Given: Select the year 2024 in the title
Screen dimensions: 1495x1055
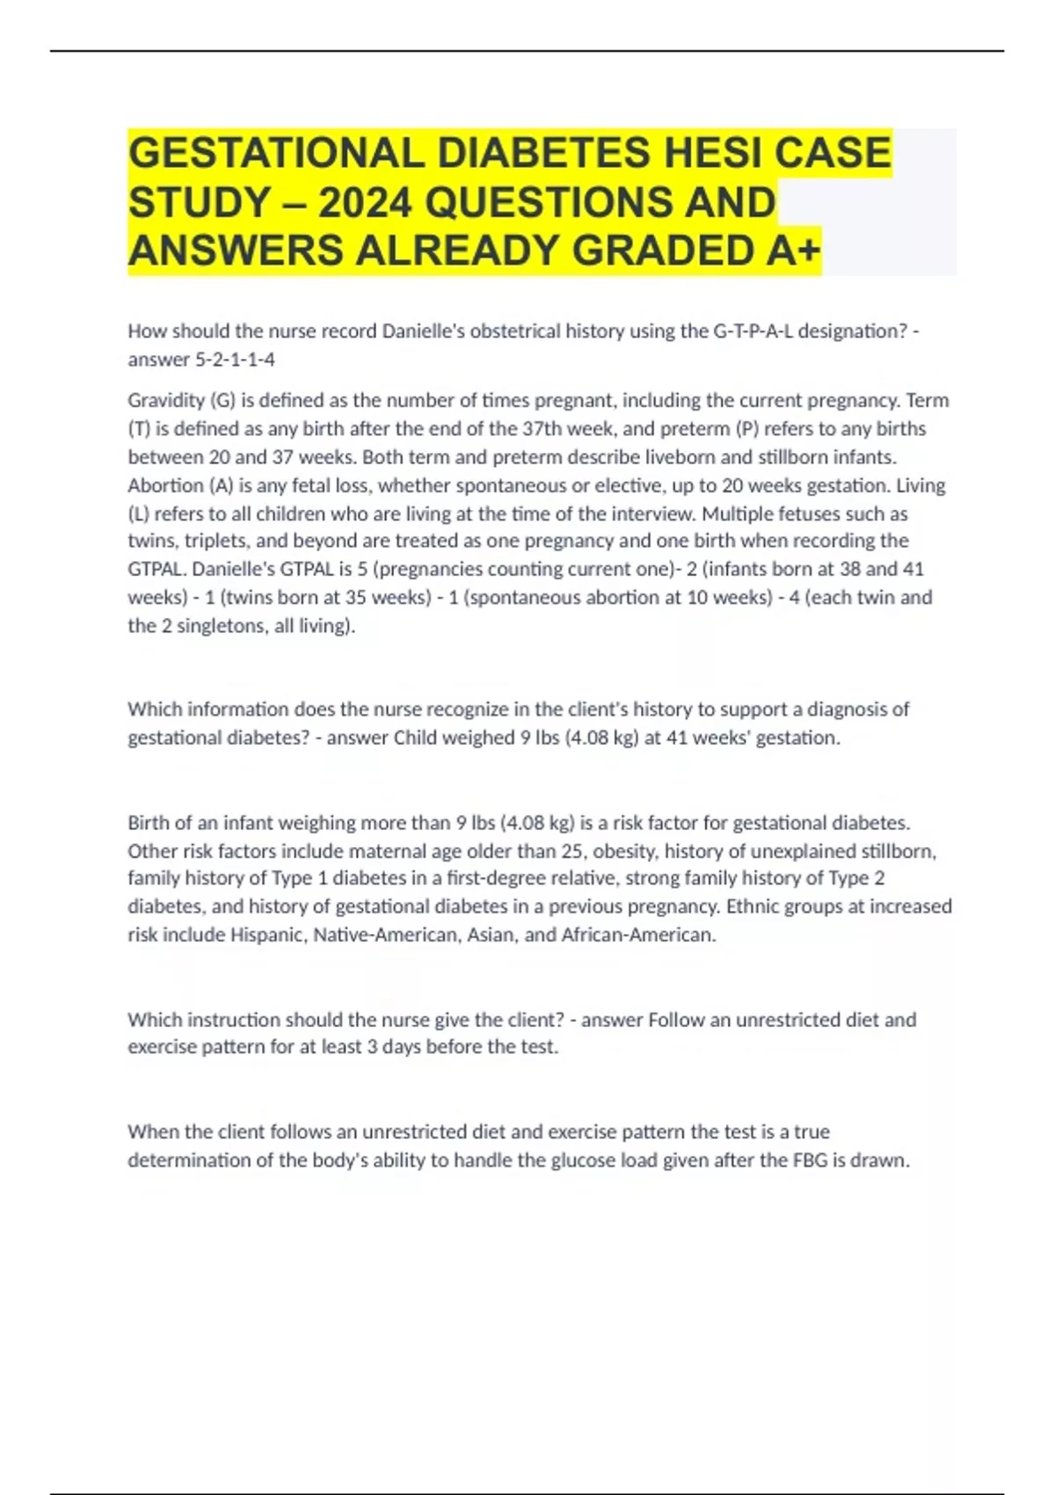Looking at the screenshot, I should coord(365,203).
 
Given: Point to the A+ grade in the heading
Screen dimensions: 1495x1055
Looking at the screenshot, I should coord(792,252).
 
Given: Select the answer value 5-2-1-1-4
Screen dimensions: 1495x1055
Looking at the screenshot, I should coord(235,360).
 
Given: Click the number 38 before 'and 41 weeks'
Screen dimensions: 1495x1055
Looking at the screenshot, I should coord(850,569).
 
